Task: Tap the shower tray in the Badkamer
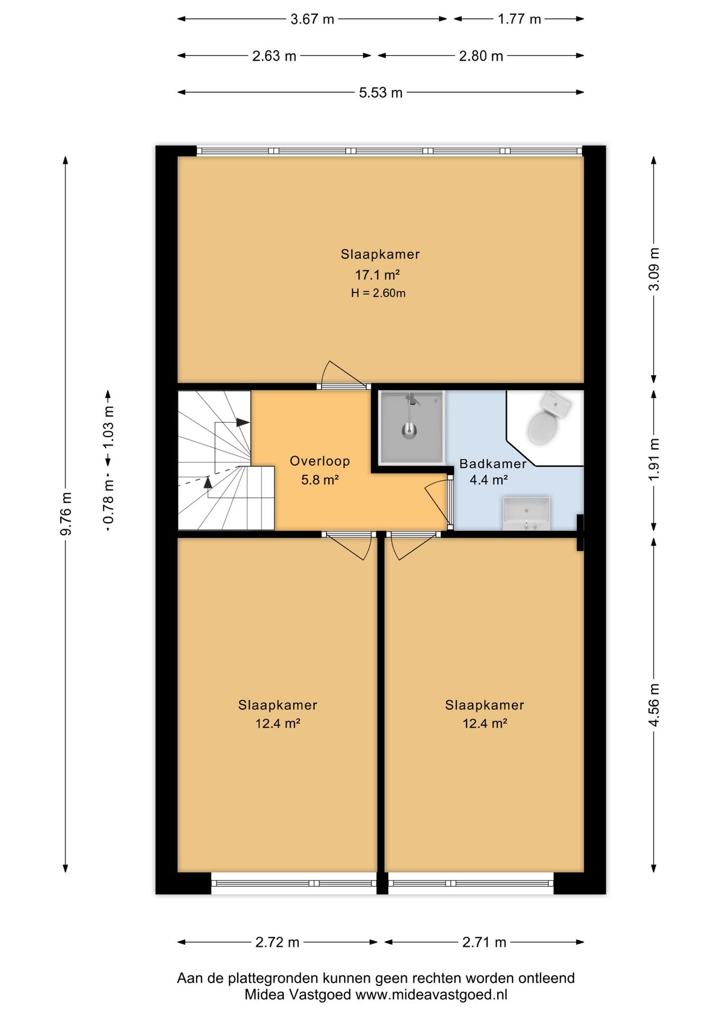tap(411, 427)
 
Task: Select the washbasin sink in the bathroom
tap(526, 513)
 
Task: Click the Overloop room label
tap(320, 461)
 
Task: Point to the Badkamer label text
tap(493, 464)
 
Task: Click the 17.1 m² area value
tap(377, 275)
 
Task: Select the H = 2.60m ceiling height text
tap(378, 293)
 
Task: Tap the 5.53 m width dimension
tap(381, 93)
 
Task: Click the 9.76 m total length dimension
tap(66, 513)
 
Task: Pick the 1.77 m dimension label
tap(519, 19)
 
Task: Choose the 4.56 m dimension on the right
tap(654, 704)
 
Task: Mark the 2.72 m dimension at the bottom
tap(277, 942)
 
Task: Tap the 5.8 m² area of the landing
tap(320, 480)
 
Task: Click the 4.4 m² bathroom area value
tap(489, 480)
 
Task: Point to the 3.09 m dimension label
tap(654, 269)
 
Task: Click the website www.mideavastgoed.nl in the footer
tap(431, 994)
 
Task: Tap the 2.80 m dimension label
tap(481, 56)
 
